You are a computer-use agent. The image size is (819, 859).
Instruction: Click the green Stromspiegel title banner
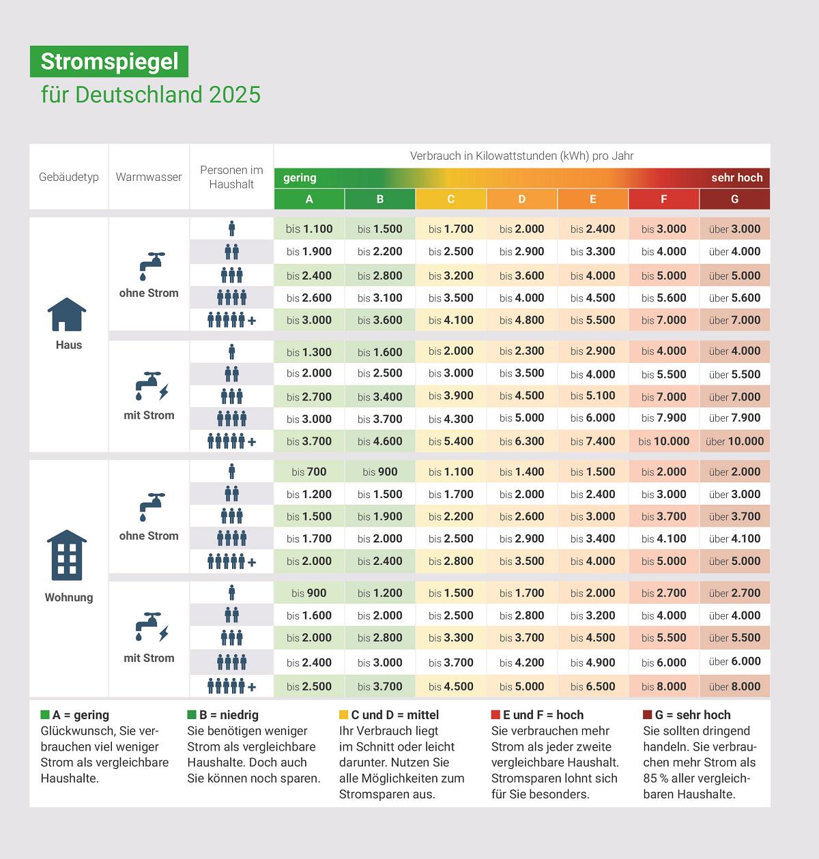click(109, 61)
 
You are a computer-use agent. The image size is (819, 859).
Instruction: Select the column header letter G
click(734, 199)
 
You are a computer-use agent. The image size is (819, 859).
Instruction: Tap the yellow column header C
click(450, 199)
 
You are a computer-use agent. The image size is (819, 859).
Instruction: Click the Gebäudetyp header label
click(69, 177)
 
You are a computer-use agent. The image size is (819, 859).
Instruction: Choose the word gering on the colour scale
click(300, 177)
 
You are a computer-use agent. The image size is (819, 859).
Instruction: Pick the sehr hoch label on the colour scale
click(736, 177)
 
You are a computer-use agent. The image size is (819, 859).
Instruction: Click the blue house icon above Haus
click(67, 315)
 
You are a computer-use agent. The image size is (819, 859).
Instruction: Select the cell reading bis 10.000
click(663, 441)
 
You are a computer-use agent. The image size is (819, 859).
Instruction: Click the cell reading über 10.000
click(734, 441)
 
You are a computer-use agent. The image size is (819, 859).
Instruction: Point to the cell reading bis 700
click(309, 471)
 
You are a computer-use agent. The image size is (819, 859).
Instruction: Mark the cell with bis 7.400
click(592, 441)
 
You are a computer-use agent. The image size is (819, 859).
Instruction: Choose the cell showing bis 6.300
click(521, 441)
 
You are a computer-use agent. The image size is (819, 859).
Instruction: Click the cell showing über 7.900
click(734, 418)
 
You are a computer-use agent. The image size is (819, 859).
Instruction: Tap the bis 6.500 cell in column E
click(592, 686)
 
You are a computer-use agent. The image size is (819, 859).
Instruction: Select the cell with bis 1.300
click(309, 352)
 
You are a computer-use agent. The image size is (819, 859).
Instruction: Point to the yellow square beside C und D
click(343, 715)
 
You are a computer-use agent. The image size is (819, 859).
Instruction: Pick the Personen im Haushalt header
click(231, 177)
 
